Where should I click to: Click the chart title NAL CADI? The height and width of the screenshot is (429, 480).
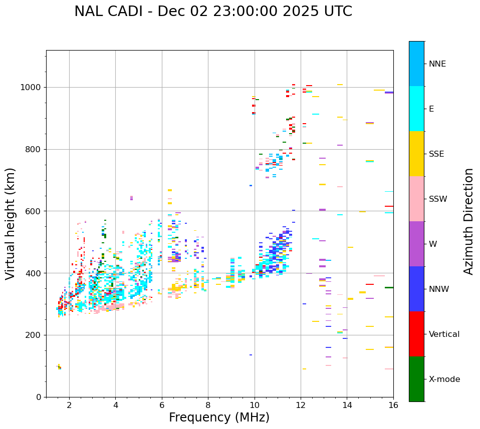click(213, 12)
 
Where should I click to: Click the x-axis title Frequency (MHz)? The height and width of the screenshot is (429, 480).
click(219, 417)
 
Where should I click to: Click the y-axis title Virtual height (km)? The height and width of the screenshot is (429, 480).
click(11, 223)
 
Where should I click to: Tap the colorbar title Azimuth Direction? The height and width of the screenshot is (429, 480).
click(468, 221)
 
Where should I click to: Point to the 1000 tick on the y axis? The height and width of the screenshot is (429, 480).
click(33, 87)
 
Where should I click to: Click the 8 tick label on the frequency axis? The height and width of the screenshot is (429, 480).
click(208, 404)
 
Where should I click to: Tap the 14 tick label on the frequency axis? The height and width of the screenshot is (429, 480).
click(347, 404)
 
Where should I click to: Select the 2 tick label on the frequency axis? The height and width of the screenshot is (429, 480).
click(69, 404)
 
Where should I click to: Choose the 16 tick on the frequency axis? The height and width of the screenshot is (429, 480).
click(393, 404)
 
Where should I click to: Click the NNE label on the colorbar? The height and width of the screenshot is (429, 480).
click(437, 64)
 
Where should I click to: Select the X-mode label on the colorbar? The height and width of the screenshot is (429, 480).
click(444, 379)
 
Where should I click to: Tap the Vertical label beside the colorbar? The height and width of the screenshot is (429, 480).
click(444, 334)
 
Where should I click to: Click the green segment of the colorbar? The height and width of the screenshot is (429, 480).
click(416, 379)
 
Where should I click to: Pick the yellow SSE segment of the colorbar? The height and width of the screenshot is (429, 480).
click(416, 154)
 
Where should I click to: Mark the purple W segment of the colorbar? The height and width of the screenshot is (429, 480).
click(416, 244)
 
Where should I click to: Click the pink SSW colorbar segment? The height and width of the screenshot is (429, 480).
click(416, 199)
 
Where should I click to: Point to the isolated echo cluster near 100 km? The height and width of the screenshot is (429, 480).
click(59, 367)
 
